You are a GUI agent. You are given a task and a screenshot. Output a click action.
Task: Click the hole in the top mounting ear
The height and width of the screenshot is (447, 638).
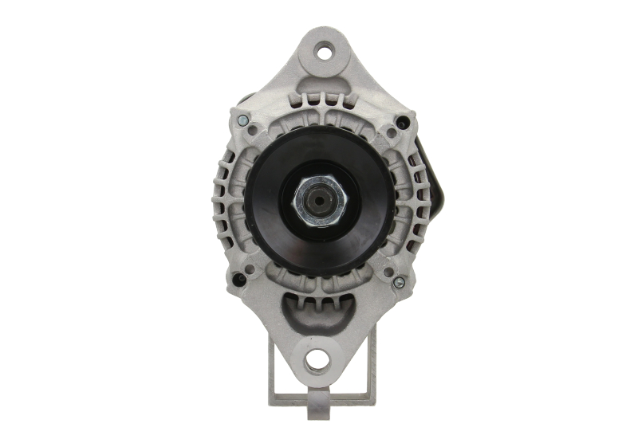click(324, 53)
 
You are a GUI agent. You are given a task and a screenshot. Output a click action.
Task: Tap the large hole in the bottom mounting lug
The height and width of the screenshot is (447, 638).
click(317, 359)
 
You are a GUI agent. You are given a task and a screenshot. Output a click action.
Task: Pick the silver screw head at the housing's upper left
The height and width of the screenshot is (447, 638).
click(242, 120)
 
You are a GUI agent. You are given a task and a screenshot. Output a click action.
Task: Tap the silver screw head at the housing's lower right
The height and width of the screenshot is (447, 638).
click(399, 282)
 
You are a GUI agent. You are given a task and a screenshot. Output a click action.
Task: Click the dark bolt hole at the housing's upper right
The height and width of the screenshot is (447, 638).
click(403, 123)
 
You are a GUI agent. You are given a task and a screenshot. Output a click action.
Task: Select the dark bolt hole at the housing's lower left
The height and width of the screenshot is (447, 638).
click(238, 280)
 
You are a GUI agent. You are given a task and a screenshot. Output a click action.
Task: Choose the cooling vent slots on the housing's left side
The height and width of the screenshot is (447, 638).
click(228, 199)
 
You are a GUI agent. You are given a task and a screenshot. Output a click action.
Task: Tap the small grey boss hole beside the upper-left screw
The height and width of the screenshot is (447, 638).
click(253, 130)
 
